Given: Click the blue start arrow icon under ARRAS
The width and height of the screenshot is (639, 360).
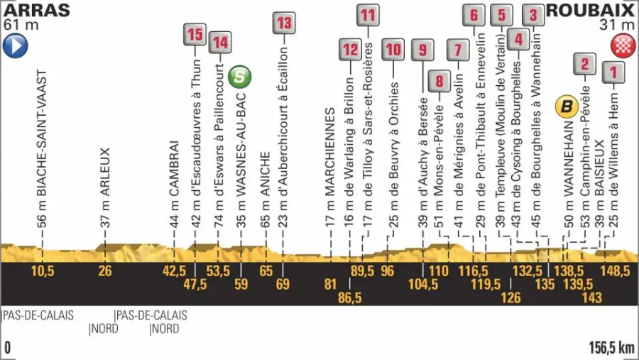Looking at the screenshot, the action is tap(16, 47).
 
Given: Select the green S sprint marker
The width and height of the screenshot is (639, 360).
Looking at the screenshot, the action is tap(241, 75).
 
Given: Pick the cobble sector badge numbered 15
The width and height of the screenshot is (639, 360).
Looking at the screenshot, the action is tap(195, 33).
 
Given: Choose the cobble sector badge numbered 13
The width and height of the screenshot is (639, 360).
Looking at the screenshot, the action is tap(283, 22).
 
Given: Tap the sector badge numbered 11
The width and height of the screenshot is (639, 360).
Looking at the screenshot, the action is tap(367, 14).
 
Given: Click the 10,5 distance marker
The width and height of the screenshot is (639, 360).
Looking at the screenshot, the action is tap(43, 271).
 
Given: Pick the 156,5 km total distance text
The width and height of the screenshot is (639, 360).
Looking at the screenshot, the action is tap(611, 348).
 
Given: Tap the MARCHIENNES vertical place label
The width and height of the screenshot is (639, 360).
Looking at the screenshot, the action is tap(330, 163).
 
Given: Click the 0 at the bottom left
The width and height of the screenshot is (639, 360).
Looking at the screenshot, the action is tap(7, 348).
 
